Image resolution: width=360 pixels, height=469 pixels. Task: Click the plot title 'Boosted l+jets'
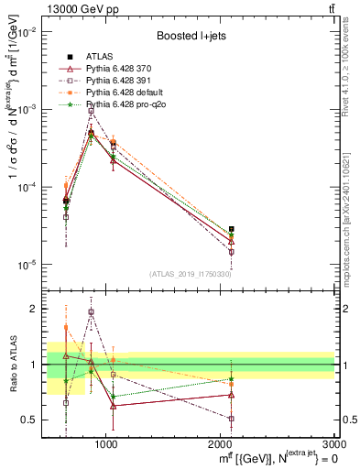pos(192,36)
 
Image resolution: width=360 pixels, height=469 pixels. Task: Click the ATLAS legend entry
pos(99,58)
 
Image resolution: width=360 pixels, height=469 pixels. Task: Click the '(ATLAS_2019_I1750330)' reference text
pos(191,274)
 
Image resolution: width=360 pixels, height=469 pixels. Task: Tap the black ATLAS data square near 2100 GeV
pos(232,229)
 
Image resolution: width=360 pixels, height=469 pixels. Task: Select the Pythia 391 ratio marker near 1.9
pos(91,312)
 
